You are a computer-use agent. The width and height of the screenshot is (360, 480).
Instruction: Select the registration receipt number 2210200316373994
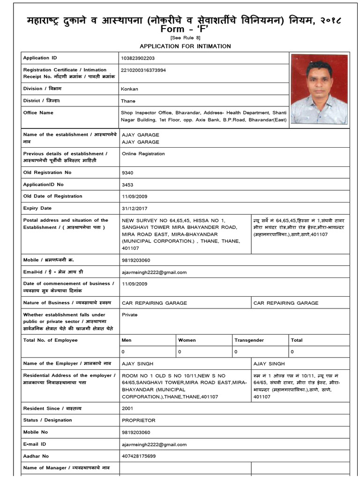tap(144, 70)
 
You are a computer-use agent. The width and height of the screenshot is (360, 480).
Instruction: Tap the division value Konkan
tap(130, 89)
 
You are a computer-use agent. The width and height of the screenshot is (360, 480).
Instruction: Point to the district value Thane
tap(128, 101)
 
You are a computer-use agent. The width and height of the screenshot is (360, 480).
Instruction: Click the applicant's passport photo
tap(319, 89)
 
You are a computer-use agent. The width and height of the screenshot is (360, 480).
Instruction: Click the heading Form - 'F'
tap(180, 29)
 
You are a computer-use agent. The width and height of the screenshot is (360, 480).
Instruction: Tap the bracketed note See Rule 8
tap(180, 37)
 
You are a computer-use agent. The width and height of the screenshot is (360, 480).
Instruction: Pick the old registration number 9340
tap(127, 173)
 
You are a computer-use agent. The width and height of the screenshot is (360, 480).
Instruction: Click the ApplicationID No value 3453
tap(127, 185)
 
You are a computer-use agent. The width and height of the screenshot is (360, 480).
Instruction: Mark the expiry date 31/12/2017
tap(134, 209)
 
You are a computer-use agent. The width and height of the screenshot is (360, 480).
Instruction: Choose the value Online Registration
tap(143, 154)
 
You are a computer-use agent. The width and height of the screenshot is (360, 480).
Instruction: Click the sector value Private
tap(130, 315)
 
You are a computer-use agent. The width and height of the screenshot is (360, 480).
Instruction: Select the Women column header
tap(187, 340)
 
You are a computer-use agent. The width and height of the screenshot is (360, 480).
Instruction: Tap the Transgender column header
tap(249, 340)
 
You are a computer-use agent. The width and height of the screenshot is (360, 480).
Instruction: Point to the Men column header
tap(127, 340)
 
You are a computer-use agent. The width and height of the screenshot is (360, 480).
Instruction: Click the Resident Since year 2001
tap(127, 408)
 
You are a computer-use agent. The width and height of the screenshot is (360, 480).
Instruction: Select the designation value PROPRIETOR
tap(138, 420)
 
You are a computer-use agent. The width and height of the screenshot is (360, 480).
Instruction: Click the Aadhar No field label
tap(36, 456)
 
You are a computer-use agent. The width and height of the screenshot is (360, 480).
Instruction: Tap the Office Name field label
tap(38, 113)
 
